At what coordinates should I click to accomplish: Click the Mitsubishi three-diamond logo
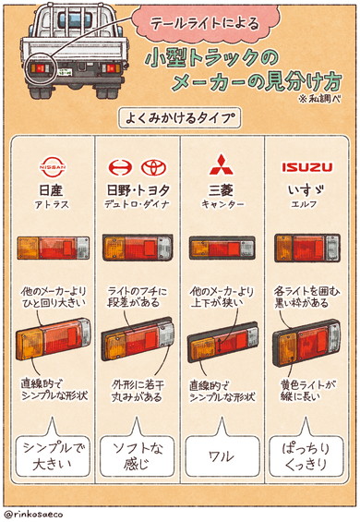tap(222, 167)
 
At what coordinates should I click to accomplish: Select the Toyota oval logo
tap(151, 167)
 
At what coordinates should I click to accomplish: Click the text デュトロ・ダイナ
tap(137, 203)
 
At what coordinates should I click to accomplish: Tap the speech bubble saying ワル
tap(222, 455)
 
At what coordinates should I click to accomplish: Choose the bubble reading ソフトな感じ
tap(137, 455)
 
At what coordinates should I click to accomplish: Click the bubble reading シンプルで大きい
tap(51, 455)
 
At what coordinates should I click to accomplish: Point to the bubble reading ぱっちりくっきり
tap(305, 455)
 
